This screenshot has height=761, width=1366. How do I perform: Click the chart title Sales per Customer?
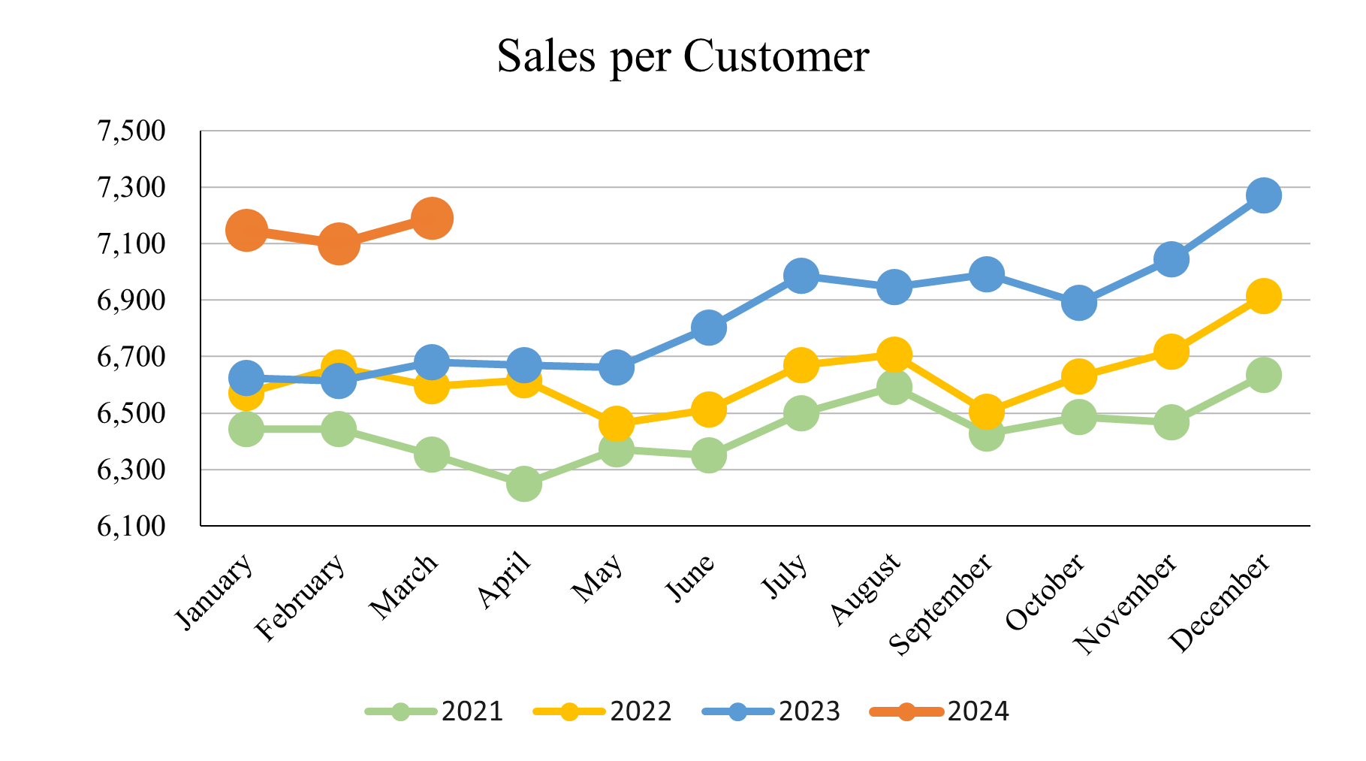pos(683,56)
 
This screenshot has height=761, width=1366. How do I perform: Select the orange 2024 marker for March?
pos(431,219)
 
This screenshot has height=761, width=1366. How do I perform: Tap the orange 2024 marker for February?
pos(338,244)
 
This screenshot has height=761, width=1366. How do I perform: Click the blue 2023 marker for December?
pos(1263,195)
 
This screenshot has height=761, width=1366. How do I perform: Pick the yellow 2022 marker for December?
pos(1263,296)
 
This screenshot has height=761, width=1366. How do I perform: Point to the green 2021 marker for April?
pos(523,484)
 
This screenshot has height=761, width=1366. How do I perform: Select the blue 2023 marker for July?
pos(801,276)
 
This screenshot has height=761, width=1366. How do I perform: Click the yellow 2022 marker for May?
pos(616,424)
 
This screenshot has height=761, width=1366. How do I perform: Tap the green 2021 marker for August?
pos(894,387)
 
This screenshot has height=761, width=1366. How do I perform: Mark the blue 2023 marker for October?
pos(1078,303)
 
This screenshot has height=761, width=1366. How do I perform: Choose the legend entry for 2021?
pos(434,711)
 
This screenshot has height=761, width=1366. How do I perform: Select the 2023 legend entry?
pos(771,711)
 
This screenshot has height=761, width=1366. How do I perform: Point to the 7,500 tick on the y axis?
pos(131,131)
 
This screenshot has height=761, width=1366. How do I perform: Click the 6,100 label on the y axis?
pos(131,526)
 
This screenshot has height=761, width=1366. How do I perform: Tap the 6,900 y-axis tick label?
pos(131,300)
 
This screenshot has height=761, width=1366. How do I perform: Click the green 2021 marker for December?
pos(1263,374)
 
